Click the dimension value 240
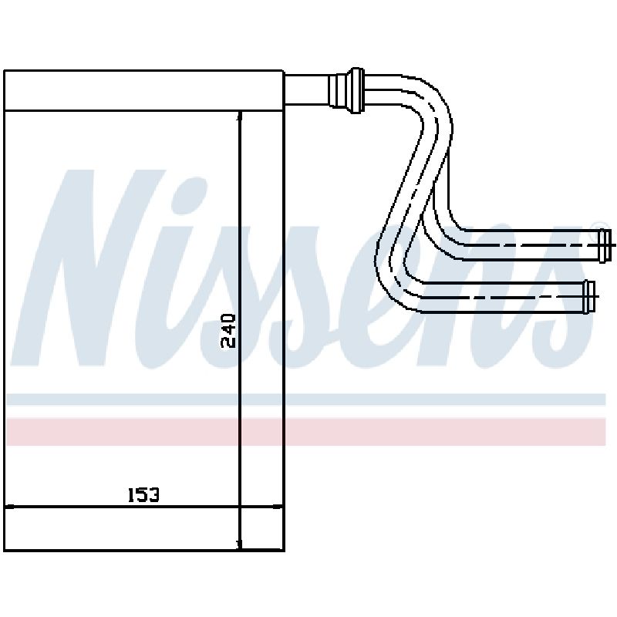pos(228,331)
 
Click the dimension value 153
pos(143,495)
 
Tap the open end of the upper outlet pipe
pos(605,246)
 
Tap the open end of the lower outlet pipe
pos(589,297)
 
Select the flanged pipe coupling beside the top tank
pos(346,90)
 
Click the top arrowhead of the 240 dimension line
pos(240,116)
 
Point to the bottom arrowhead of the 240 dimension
pos(240,545)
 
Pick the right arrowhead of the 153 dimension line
pos(278,507)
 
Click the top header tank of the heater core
pos(143,90)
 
